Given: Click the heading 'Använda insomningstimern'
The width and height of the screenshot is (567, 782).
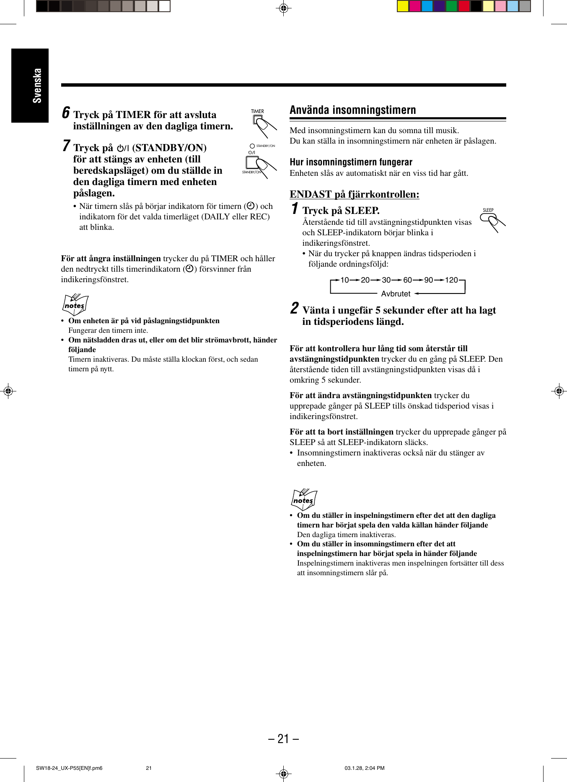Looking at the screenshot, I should click(352, 110).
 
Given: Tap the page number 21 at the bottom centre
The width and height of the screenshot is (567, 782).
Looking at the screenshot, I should click(283, 738).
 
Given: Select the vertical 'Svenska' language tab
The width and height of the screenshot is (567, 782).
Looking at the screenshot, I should click(37, 86).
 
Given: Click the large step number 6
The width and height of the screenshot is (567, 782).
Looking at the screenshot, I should click(66, 113).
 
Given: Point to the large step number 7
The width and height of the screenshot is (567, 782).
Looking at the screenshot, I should click(66, 146).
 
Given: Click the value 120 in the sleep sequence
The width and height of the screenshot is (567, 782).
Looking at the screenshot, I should click(451, 280).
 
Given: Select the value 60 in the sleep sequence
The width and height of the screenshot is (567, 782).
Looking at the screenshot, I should click(407, 280).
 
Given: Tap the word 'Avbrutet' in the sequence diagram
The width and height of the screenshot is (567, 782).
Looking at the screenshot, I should click(396, 294).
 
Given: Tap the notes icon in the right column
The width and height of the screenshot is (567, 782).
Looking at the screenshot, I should click(304, 499).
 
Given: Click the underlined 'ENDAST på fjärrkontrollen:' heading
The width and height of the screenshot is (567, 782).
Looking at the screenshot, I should click(354, 194).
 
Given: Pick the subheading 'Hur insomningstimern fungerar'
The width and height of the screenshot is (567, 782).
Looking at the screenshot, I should click(351, 162).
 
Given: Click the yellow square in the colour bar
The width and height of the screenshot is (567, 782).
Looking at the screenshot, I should click(403, 6).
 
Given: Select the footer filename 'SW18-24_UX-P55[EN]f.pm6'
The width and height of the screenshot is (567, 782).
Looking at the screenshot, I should click(69, 768).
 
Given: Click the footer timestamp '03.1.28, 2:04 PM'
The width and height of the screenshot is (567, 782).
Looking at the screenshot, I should click(364, 768).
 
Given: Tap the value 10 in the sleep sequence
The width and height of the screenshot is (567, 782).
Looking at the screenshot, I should click(344, 280).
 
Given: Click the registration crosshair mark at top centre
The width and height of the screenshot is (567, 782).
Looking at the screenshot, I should click(283, 8).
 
